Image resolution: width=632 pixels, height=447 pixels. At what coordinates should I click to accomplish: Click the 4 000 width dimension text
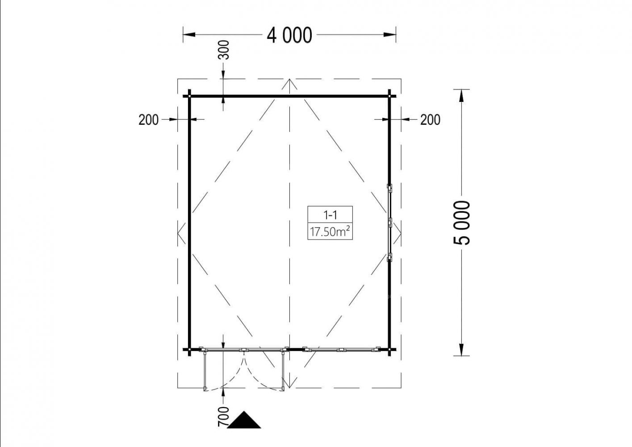pyautogui.click(x=289, y=35)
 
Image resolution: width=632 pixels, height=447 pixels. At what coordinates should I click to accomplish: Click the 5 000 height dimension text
pyautogui.click(x=461, y=223)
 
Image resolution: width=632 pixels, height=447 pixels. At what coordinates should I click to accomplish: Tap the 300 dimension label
pyautogui.click(x=223, y=50)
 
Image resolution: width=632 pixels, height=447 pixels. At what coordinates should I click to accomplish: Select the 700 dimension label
pyautogui.click(x=223, y=417)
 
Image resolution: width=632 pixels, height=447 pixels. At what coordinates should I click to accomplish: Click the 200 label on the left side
pyautogui.click(x=148, y=120)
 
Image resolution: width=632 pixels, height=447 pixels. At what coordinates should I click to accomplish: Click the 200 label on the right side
pyautogui.click(x=430, y=120)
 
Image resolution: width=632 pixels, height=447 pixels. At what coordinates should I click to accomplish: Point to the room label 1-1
pyautogui.click(x=330, y=215)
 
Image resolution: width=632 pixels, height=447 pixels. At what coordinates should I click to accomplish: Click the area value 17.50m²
pyautogui.click(x=330, y=232)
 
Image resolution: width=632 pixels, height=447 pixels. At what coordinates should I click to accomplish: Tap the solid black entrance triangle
pyautogui.click(x=244, y=420)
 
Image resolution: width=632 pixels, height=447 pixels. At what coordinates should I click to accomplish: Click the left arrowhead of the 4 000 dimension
pyautogui.click(x=189, y=35)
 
